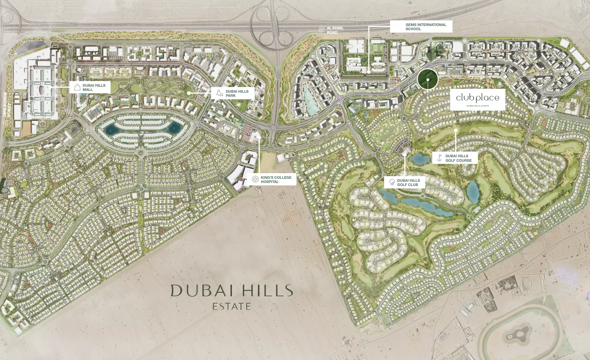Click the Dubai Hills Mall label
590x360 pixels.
pyautogui.click(x=94, y=87)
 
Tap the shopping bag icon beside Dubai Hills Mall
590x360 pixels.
pyautogui.click(x=77, y=87)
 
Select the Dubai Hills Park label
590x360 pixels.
pyautogui.click(x=237, y=93)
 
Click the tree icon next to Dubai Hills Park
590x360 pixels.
pyautogui.click(x=220, y=93)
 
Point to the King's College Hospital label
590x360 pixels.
pyautogui.click(x=276, y=179)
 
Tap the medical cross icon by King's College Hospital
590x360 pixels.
pyautogui.click(x=255, y=179)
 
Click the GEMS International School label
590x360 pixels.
pyautogui.click(x=426, y=27)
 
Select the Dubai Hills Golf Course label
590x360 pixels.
pyautogui.click(x=458, y=158)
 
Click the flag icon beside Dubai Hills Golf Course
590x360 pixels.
pyautogui.click(x=439, y=158)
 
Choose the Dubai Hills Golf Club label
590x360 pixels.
pyautogui.click(x=408, y=182)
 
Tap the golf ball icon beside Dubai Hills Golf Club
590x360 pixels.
pyautogui.click(x=392, y=182)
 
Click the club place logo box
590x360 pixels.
pyautogui.click(x=477, y=100)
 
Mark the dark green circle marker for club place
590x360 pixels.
pyautogui.click(x=428, y=80)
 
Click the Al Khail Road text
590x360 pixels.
pyautogui.click(x=335, y=30)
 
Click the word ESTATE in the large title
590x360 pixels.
pyautogui.click(x=232, y=306)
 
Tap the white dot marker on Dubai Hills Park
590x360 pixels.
pyautogui.click(x=189, y=93)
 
